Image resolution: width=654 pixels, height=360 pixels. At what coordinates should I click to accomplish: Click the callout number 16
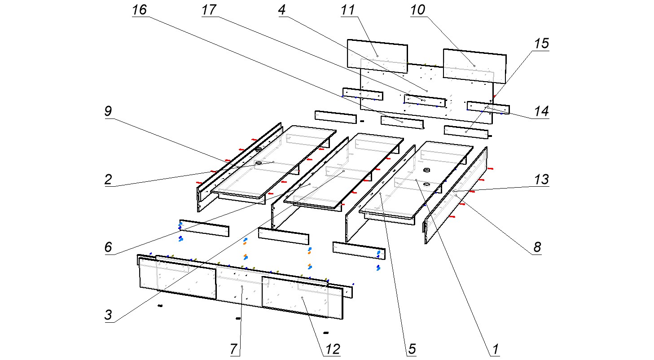[x=139, y=10]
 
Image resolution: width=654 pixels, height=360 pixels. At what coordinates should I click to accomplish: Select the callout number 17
[x=209, y=10]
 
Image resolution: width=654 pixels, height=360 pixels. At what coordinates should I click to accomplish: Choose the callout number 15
[x=541, y=44]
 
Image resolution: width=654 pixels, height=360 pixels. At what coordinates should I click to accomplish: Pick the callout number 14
[x=541, y=111]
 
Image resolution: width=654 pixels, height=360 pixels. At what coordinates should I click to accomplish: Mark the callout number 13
[x=541, y=180]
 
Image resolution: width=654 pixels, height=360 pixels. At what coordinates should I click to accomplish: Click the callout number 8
[x=537, y=247]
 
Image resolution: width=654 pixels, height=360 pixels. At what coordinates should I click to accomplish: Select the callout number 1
[x=495, y=348]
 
